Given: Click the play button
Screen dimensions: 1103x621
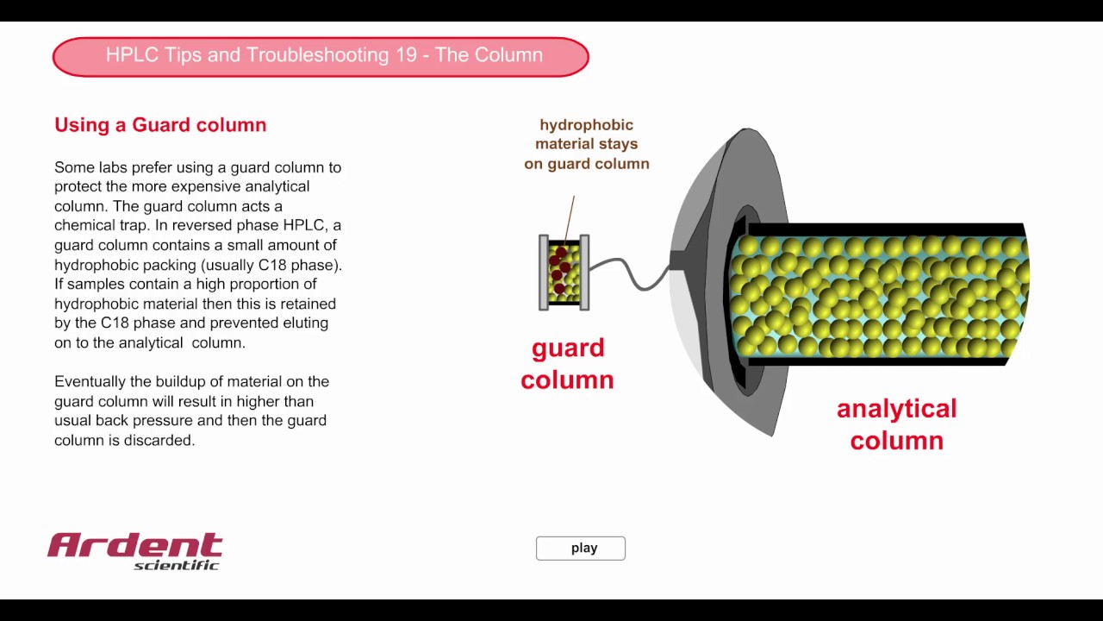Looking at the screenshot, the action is (581, 548).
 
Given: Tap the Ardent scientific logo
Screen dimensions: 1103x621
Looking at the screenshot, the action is (135, 551).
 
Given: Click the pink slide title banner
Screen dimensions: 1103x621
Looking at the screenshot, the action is (321, 57).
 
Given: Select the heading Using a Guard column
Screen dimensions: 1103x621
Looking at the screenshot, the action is (160, 125).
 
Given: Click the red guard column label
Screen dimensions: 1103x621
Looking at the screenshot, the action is (567, 364).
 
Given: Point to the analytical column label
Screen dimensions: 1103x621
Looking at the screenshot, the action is (897, 424).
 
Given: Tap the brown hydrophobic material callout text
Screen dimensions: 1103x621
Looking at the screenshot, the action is (587, 144).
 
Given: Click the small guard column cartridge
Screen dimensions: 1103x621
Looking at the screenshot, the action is (564, 273).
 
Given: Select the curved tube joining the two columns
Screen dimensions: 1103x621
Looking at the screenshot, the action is (629, 273).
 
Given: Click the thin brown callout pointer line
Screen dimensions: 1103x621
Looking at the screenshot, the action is (570, 219).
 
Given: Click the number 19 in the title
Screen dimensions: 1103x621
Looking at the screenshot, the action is (406, 54).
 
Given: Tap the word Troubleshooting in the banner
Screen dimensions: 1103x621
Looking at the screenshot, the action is (318, 55).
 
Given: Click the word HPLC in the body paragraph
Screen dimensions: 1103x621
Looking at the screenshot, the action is (305, 225).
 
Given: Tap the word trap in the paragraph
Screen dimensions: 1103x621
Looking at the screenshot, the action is (134, 226).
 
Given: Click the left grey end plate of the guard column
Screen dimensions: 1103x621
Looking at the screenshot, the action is (544, 273).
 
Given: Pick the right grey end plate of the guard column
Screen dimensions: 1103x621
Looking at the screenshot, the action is (584, 273).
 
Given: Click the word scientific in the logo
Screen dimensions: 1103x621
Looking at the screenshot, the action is (176, 565).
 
